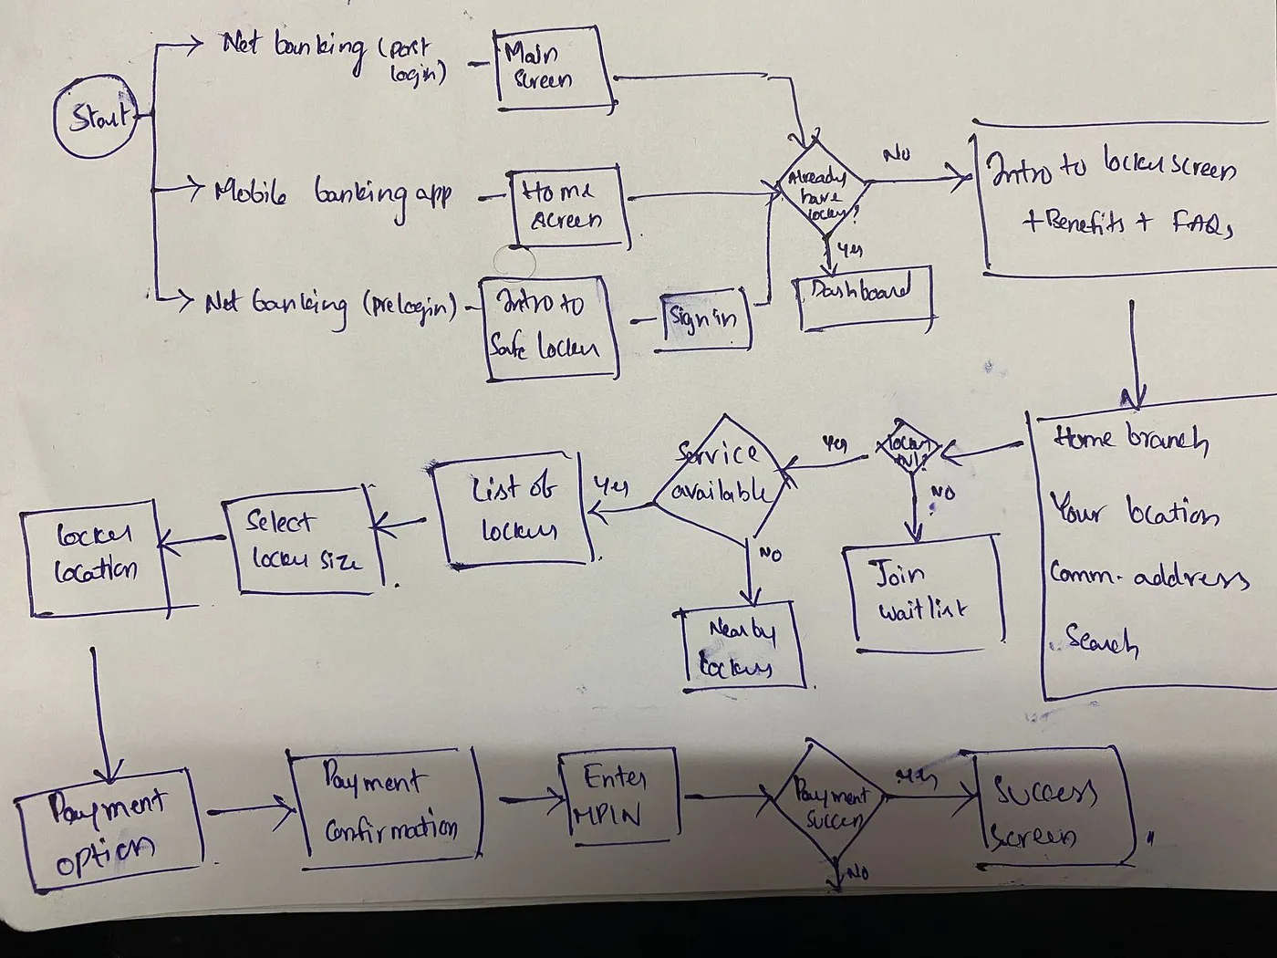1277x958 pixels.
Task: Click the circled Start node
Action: (x=96, y=119)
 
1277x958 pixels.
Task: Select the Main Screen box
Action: (x=552, y=67)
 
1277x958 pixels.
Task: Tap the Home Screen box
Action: (x=568, y=207)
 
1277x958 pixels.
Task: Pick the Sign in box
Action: (x=704, y=320)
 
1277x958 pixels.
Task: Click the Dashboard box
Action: (x=865, y=298)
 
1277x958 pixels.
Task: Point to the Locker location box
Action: (x=95, y=557)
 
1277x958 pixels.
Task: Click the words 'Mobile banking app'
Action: (x=333, y=194)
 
